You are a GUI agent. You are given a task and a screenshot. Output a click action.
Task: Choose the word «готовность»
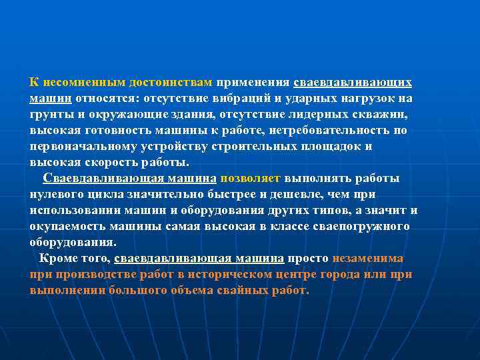tap(114, 131)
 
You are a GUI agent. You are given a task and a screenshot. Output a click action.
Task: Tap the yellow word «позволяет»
tap(251, 178)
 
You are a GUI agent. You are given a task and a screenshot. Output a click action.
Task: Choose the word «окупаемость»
tap(69, 226)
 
